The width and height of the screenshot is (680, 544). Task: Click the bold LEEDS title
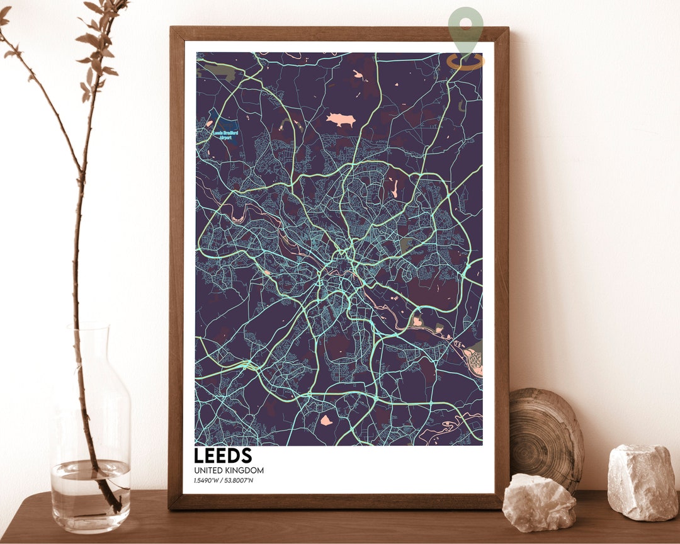(x=223, y=455)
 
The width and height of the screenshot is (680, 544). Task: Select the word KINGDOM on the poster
(x=246, y=470)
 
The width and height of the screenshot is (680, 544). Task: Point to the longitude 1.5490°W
(x=208, y=482)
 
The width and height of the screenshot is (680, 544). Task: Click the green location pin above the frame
(x=466, y=28)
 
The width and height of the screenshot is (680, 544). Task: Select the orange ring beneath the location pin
(x=466, y=61)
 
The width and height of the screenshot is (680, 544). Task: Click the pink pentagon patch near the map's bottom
(x=326, y=420)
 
